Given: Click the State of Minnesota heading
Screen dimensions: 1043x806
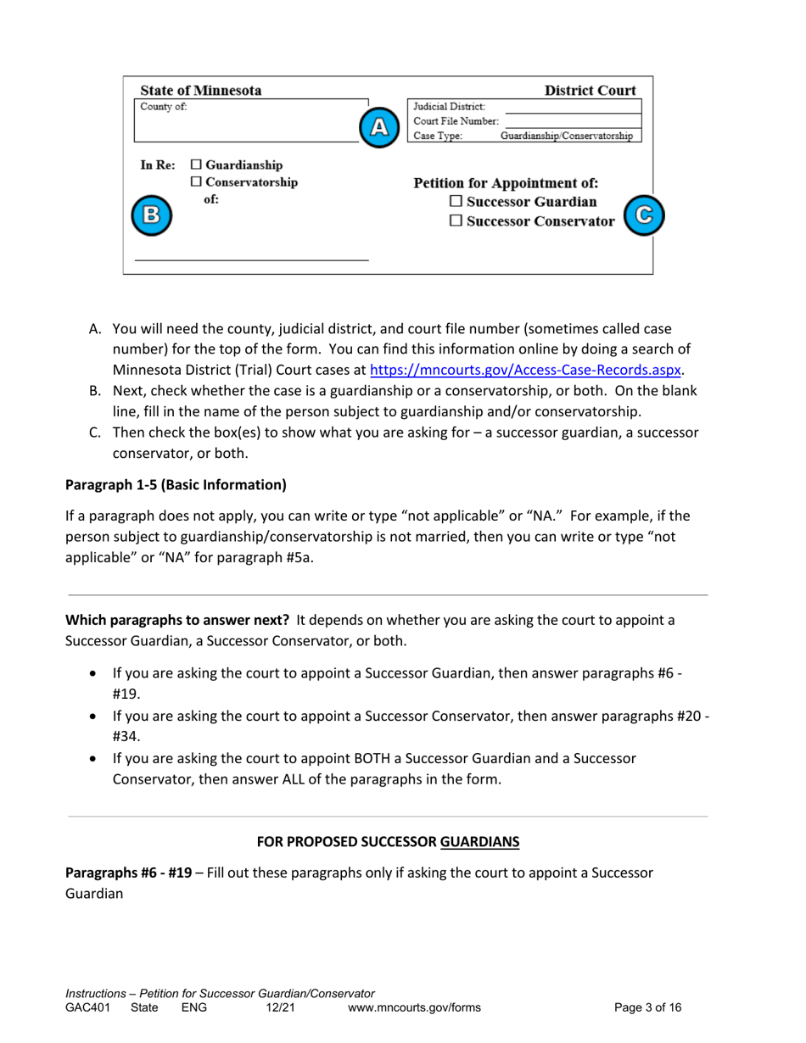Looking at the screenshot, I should (x=201, y=91).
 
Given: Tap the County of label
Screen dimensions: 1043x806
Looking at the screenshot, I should (x=164, y=107).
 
